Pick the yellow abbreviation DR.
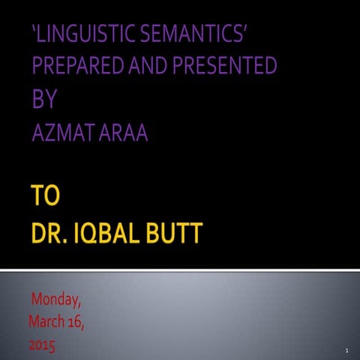(x=51, y=233)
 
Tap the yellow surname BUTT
(x=179, y=233)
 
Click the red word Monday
(x=55, y=301)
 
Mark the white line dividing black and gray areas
(x=180, y=269)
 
